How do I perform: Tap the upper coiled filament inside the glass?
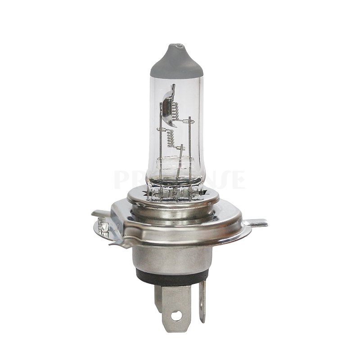pyautogui.click(x=176, y=110)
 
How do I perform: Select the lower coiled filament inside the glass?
pyautogui.click(x=171, y=137)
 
